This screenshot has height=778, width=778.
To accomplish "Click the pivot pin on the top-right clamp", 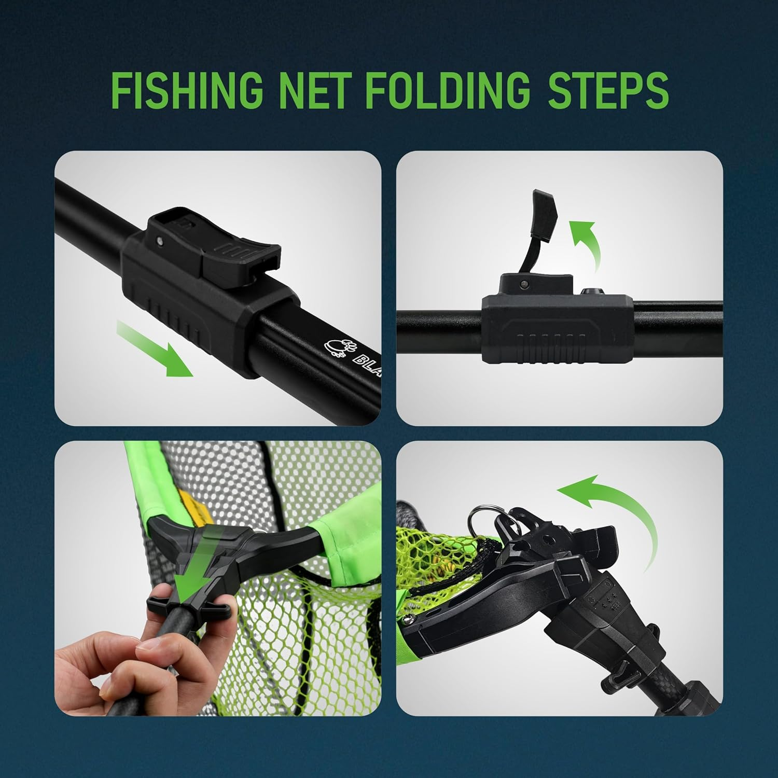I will coord(524,283).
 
